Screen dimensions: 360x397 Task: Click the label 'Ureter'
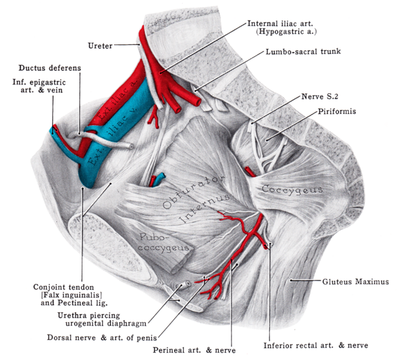[101, 46]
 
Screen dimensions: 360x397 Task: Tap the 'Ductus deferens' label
[46, 67]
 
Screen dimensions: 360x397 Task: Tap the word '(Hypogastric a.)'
[286, 31]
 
